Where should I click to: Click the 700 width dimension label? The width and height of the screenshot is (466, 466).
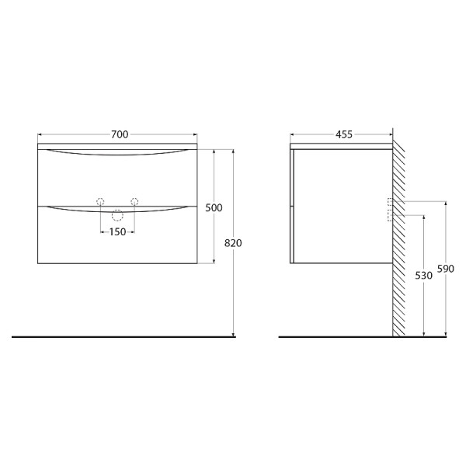[x=119, y=134]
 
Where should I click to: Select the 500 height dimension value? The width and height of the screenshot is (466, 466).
[x=214, y=207]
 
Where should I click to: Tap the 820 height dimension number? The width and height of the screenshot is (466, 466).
[x=233, y=243]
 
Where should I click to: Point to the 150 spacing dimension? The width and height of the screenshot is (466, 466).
[x=116, y=231]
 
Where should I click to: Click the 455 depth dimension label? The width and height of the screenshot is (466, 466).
[x=343, y=134]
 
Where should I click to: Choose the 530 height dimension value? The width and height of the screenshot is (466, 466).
[x=423, y=276]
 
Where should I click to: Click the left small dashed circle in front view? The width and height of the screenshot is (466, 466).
[x=99, y=202]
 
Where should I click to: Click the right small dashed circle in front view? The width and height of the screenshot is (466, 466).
[x=134, y=202]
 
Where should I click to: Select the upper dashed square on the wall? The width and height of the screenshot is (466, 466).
[x=390, y=202]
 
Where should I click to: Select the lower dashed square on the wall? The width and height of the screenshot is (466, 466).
[x=390, y=217]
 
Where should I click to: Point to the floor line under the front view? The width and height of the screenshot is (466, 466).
[x=116, y=337]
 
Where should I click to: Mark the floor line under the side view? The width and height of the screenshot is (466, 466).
[x=334, y=337]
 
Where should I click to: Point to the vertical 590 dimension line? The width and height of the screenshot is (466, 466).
[x=446, y=311]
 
